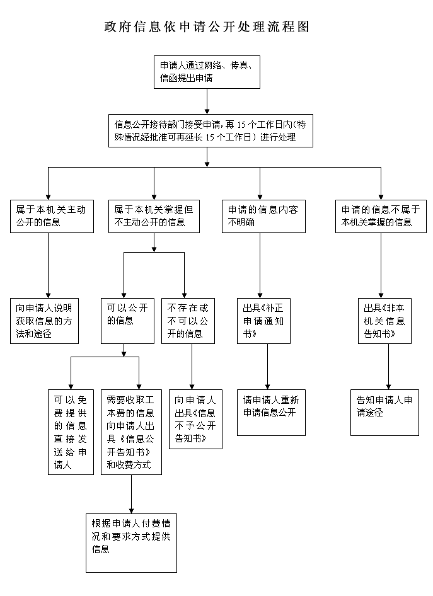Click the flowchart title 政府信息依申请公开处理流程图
[x=207, y=27]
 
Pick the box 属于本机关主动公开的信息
[x=49, y=216]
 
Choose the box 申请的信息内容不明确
[x=259, y=216]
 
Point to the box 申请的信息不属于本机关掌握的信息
[x=380, y=216]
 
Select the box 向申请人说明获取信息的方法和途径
[x=49, y=320]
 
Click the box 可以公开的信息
[x=128, y=320]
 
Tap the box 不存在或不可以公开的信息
[x=188, y=320]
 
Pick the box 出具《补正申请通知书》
[x=263, y=320]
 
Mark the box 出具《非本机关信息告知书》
[x=384, y=320]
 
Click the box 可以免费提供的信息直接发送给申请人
[x=70, y=432]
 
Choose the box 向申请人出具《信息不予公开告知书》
[x=195, y=419]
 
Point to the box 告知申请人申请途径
[x=384, y=413]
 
